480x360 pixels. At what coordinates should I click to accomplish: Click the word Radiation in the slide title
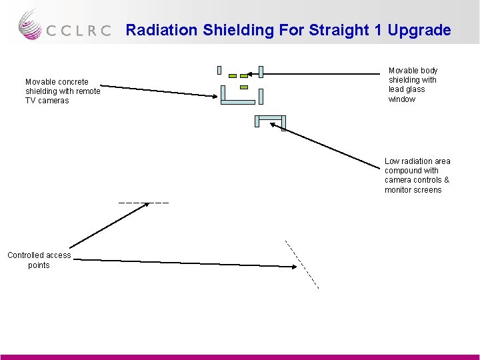[x=158, y=30]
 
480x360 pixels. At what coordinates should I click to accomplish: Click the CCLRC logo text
[x=79, y=31]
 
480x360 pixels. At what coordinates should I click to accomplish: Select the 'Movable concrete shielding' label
[x=63, y=91]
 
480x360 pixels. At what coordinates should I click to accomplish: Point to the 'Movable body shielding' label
[x=413, y=85]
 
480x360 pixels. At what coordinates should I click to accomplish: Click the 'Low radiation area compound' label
[x=417, y=175]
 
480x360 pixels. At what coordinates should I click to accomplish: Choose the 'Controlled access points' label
[x=39, y=260]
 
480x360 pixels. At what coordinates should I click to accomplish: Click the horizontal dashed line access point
[x=143, y=202]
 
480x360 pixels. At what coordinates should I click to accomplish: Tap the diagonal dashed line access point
[x=302, y=264]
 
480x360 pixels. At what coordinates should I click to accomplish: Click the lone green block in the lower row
[x=243, y=87]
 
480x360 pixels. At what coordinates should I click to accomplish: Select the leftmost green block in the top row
[x=233, y=76]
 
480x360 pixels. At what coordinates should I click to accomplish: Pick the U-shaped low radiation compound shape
[x=270, y=119]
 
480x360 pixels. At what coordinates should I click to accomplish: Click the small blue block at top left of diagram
[x=219, y=69]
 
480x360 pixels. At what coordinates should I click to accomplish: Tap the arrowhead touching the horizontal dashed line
[x=148, y=205]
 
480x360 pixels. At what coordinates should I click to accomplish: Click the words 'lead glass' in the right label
[x=407, y=89]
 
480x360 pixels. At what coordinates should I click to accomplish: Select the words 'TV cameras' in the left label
[x=47, y=101]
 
